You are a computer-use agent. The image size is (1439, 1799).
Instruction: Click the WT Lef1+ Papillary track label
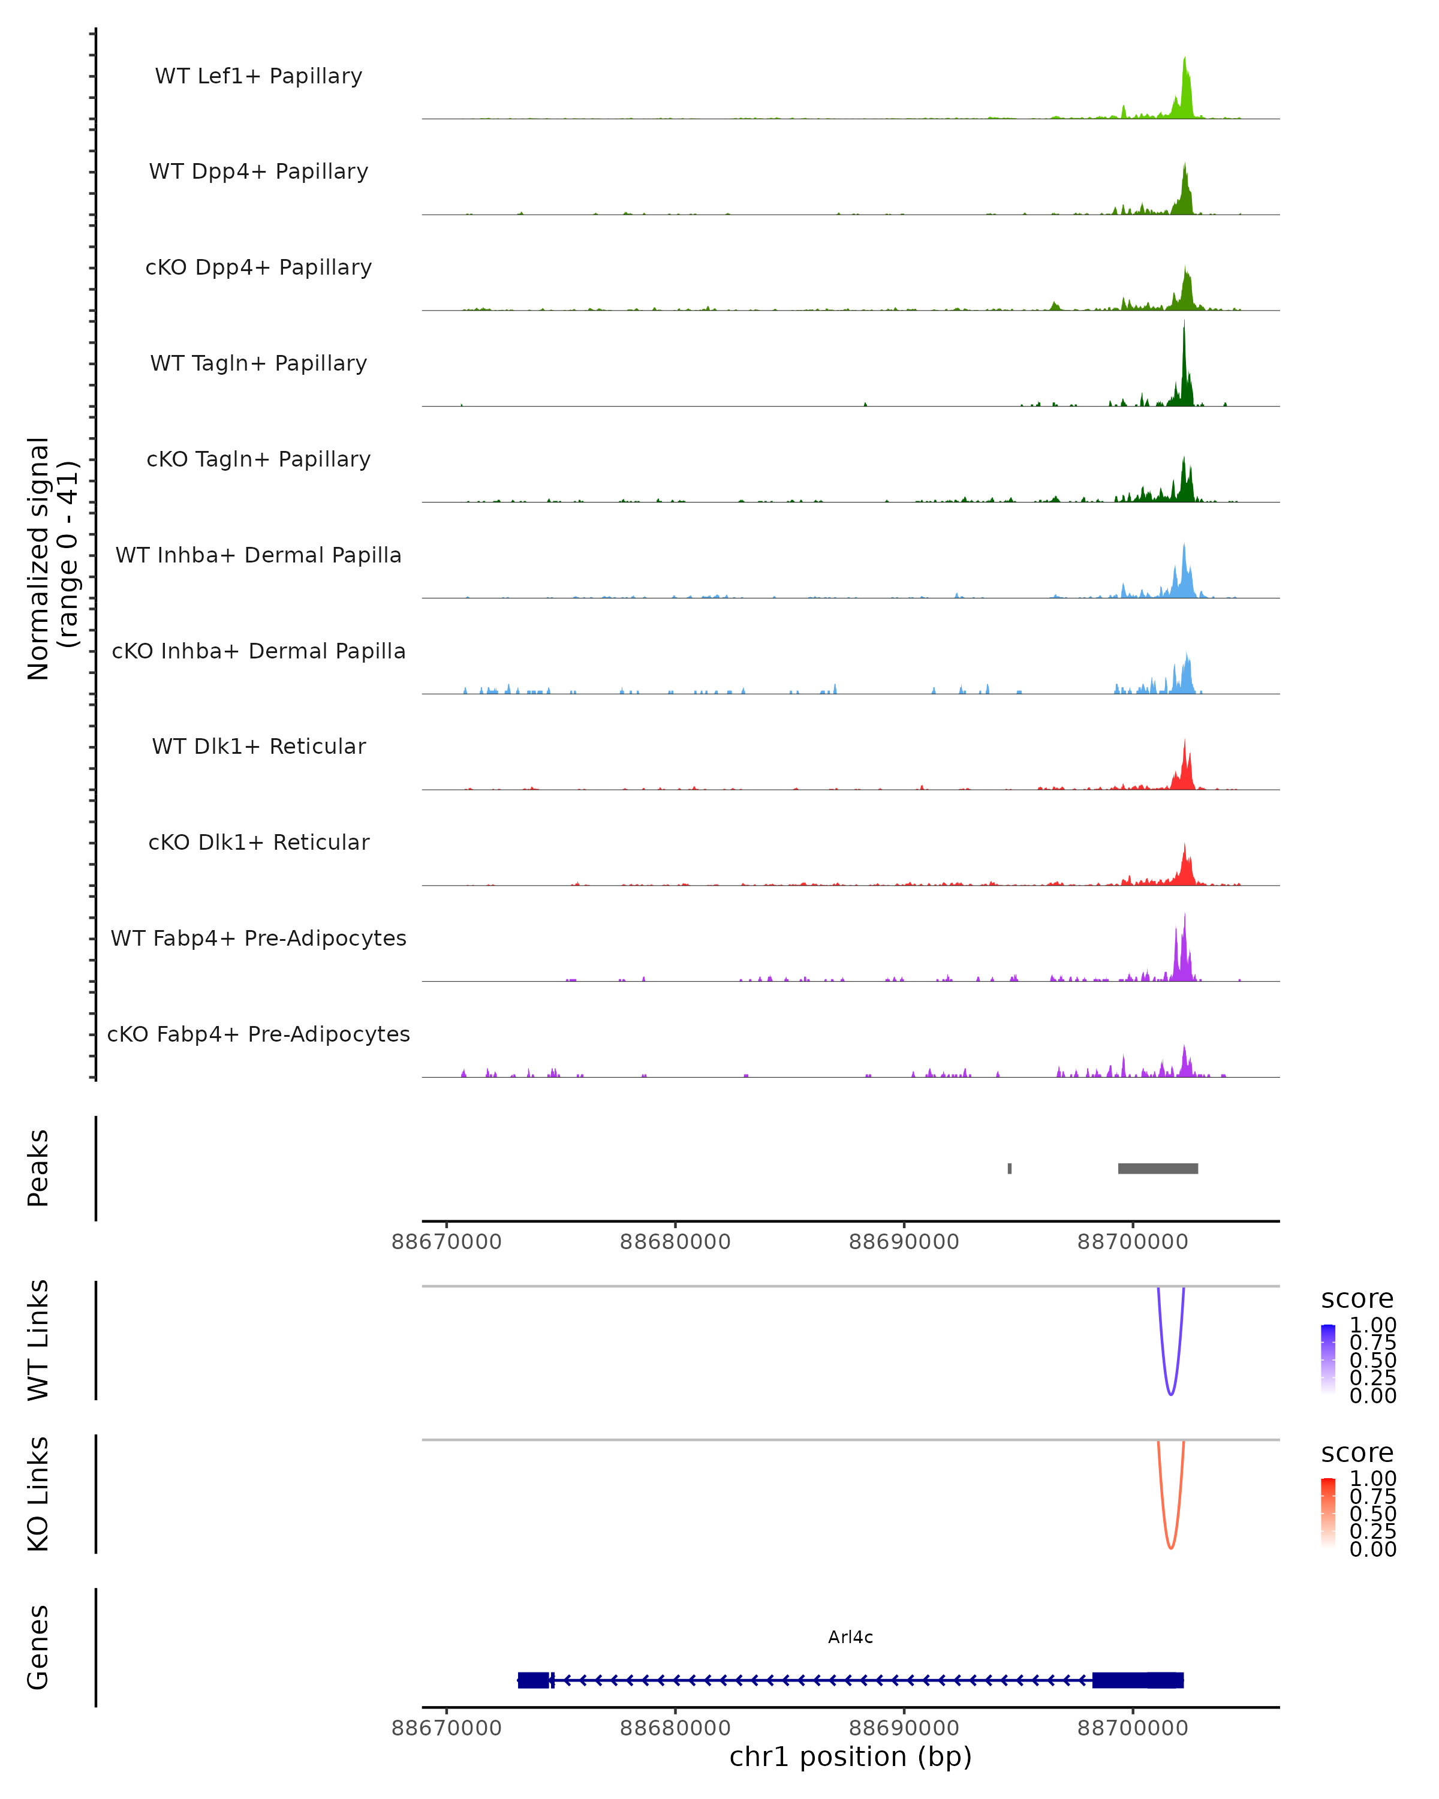click(x=258, y=76)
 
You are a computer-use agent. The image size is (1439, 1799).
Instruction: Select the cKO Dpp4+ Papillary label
click(x=258, y=268)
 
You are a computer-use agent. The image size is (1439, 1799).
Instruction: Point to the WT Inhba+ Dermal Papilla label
click(x=258, y=556)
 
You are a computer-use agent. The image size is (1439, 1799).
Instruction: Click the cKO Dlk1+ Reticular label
click(x=258, y=843)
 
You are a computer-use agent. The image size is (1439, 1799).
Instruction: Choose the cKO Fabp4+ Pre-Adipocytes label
click(x=258, y=1034)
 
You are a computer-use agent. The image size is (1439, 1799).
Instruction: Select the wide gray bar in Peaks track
click(x=1158, y=1168)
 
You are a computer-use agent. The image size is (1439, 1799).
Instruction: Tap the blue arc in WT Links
click(x=1171, y=1394)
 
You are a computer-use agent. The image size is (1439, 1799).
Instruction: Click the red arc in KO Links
click(x=1171, y=1547)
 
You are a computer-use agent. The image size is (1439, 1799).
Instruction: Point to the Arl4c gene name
click(x=850, y=1637)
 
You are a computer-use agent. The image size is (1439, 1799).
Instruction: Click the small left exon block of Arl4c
click(x=534, y=1680)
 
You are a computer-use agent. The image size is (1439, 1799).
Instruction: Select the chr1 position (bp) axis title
click(x=850, y=1757)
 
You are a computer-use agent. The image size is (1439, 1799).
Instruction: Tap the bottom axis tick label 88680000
click(x=675, y=1728)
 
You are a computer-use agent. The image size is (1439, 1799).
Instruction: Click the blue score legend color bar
click(x=1328, y=1359)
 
